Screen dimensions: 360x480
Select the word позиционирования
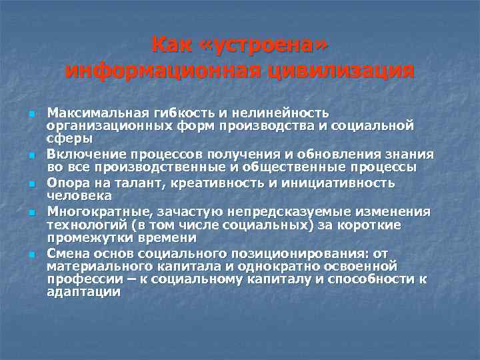pos(295,254)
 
